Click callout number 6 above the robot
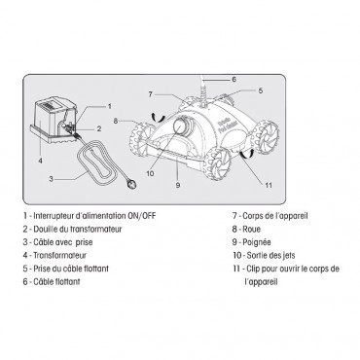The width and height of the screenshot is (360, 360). (233, 77)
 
